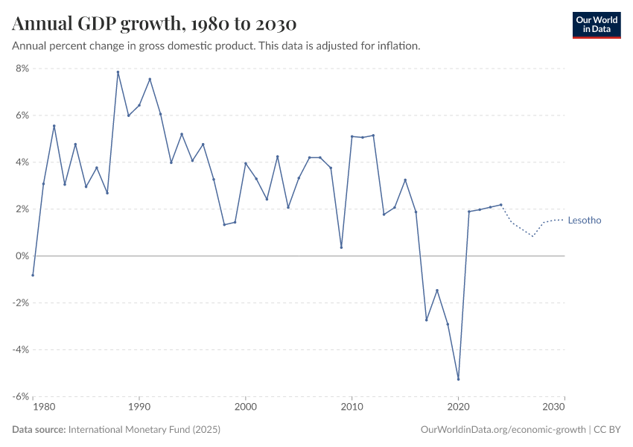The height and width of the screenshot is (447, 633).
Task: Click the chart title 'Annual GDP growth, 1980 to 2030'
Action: (x=154, y=24)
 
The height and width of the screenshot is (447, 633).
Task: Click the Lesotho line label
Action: (x=584, y=221)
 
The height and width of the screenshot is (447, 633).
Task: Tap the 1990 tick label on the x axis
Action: (x=139, y=408)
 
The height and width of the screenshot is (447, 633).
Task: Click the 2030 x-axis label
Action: (x=554, y=408)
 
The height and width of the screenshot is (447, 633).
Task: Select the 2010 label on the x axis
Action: (x=352, y=408)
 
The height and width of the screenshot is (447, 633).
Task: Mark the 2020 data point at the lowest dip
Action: (x=459, y=379)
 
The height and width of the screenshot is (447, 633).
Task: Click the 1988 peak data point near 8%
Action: (x=118, y=72)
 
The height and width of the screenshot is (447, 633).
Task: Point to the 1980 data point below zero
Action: (x=33, y=275)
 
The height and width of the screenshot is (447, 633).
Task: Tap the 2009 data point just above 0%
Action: (x=341, y=247)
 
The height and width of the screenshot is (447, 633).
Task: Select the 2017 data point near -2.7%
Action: (x=427, y=320)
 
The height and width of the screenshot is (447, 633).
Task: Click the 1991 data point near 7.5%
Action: (x=150, y=79)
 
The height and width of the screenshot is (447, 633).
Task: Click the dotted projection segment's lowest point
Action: (x=532, y=236)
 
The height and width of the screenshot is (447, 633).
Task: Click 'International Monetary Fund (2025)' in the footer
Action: (x=144, y=430)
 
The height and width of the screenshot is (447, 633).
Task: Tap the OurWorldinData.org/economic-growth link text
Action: (x=503, y=430)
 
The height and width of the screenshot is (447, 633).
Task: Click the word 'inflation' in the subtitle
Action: (x=398, y=46)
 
